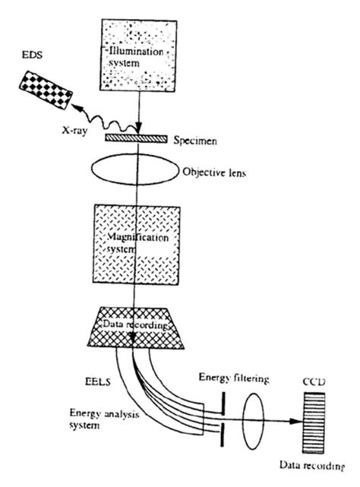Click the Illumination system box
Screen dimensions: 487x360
click(139, 52)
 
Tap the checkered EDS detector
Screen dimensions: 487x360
click(46, 92)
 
